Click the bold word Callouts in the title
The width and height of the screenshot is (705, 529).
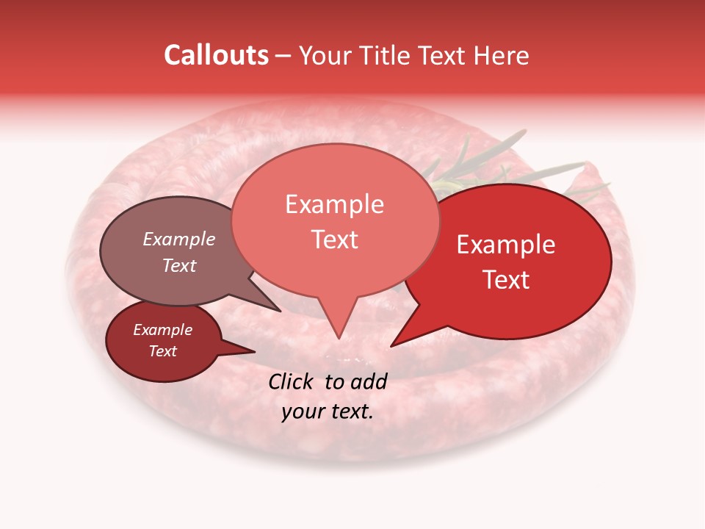[216, 55]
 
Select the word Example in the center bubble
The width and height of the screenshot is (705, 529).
[334, 204]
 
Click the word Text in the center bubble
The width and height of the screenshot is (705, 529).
[334, 240]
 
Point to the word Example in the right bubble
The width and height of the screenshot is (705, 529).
[506, 245]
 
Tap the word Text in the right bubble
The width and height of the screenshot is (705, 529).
[506, 280]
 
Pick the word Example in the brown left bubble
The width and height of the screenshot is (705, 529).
[178, 240]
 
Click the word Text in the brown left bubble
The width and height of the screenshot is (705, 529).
[178, 265]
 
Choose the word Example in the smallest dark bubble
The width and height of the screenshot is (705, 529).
[162, 330]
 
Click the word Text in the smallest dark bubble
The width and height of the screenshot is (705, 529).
[162, 351]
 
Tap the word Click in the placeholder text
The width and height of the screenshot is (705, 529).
[292, 381]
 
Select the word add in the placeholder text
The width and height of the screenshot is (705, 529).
[369, 381]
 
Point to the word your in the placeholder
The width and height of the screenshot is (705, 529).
[303, 411]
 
